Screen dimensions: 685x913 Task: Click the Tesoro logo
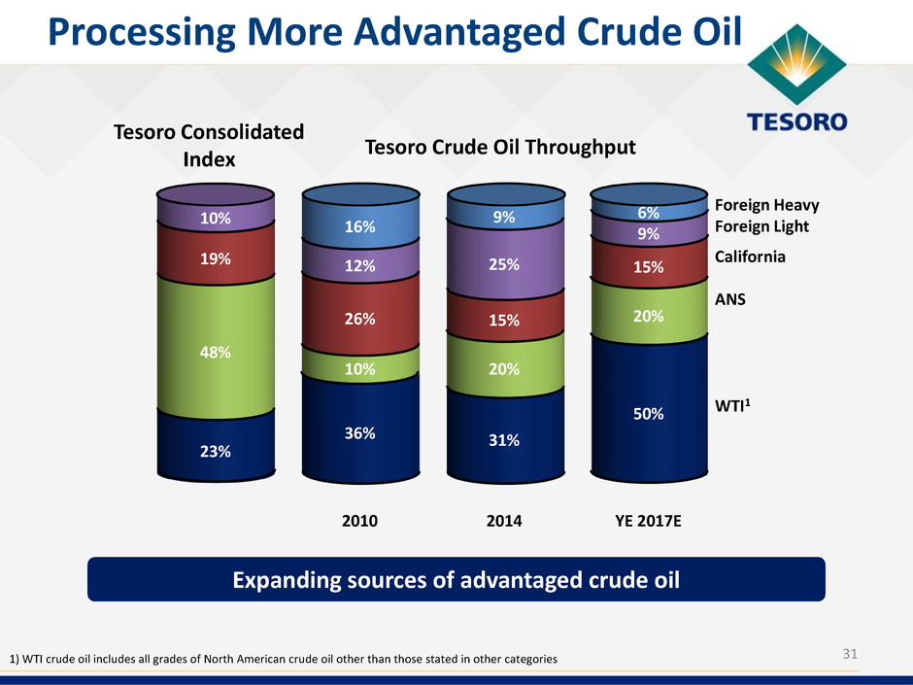[796, 83]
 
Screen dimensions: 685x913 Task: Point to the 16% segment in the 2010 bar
[360, 226]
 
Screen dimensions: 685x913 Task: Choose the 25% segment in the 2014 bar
[504, 263]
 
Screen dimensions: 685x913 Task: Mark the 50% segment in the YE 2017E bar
[649, 413]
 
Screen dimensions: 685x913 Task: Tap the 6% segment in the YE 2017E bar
[649, 211]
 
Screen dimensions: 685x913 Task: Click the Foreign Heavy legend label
[767, 205]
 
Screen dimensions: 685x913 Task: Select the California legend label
[750, 257]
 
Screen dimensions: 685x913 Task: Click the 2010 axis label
[360, 521]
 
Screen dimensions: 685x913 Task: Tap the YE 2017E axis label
[649, 521]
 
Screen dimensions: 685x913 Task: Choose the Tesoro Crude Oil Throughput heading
[500, 147]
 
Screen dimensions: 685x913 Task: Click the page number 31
[850, 654]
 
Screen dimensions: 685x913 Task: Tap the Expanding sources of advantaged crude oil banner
[456, 580]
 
